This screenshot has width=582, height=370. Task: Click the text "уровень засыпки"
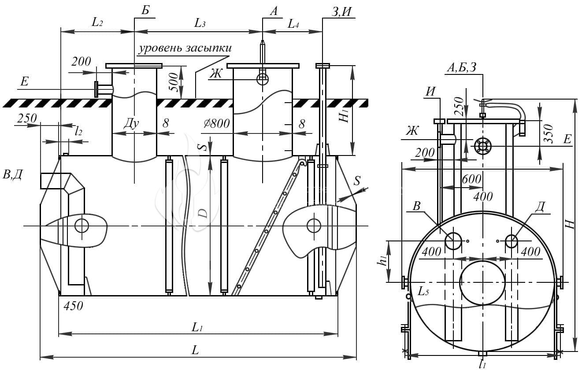tap(185, 48)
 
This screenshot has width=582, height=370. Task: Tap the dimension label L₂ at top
tap(97, 22)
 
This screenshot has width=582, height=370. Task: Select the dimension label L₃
tap(200, 23)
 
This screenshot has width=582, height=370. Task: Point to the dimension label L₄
tap(293, 24)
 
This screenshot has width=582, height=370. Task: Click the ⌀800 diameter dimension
tap(217, 124)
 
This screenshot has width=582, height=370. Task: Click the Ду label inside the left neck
tap(131, 123)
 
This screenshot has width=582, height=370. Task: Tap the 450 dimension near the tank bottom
tap(73, 306)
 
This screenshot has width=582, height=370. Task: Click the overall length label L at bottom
tap(195, 350)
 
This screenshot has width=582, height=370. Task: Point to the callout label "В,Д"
tap(12, 174)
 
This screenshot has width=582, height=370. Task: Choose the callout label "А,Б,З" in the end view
tap(462, 67)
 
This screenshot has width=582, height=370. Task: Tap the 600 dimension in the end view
tap(471, 179)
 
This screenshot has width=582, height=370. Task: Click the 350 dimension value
tap(548, 133)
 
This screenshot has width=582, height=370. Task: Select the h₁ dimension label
tap(382, 260)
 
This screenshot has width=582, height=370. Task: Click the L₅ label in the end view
tap(423, 292)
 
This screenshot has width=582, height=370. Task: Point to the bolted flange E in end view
tap(482, 146)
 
